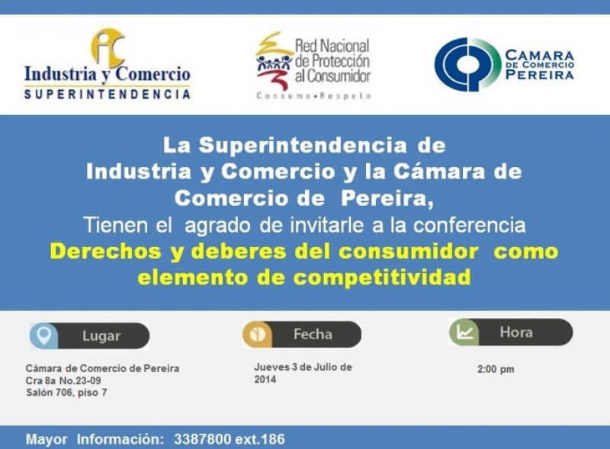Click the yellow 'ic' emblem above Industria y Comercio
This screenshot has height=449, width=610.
tap(108, 47)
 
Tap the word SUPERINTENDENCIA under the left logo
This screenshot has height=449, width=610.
tap(108, 95)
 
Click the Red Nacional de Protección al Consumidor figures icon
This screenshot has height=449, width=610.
tap(274, 61)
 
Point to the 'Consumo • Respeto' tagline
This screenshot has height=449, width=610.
tap(313, 96)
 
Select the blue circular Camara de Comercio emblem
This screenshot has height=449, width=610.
tap(467, 65)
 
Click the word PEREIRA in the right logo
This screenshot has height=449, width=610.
tap(540, 74)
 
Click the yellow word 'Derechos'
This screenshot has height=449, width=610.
tap(105, 252)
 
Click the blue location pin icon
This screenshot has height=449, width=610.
tap(43, 335)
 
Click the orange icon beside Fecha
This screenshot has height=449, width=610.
tap(257, 334)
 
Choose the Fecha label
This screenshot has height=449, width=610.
tap(313, 334)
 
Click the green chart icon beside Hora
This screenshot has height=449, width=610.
tap(464, 332)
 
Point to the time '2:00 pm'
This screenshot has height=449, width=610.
tap(496, 369)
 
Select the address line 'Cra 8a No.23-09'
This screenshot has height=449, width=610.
tap(63, 380)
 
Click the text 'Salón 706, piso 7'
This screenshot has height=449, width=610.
tap(66, 393)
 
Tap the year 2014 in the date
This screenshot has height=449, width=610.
tap(265, 380)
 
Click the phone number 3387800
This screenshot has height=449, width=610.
tap(202, 439)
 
